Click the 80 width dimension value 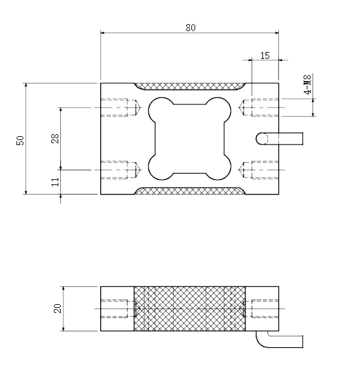click(190, 27)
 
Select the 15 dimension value click(265, 55)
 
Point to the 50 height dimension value click(20, 141)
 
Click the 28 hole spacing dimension click(55, 138)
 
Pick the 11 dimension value click(55, 181)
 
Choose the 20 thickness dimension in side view click(58, 309)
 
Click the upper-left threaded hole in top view click(120, 108)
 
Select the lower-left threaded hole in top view click(120, 169)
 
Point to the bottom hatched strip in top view click(190, 190)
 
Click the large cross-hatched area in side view click(190, 309)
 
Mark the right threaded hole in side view click(261, 309)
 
